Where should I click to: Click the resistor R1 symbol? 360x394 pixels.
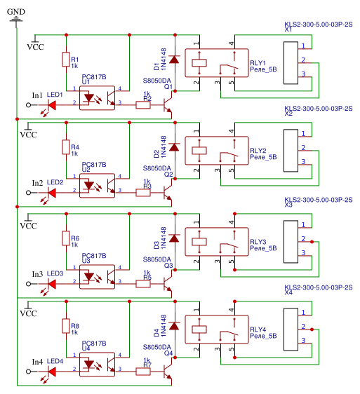click(65, 60)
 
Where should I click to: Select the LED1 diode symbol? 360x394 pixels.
click(51, 104)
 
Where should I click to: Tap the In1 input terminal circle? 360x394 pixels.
click(28, 104)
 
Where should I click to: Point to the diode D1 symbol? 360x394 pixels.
click(173, 60)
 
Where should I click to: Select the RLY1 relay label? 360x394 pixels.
click(258, 62)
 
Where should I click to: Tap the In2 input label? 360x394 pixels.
click(37, 183)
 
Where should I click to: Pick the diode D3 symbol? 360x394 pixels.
click(173, 240)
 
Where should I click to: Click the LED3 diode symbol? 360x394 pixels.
click(51, 284)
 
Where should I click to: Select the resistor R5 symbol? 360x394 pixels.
click(143, 283)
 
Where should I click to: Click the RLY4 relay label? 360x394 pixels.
click(258, 329)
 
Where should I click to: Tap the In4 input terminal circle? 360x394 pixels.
click(28, 372)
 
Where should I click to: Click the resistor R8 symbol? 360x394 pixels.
click(65, 327)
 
